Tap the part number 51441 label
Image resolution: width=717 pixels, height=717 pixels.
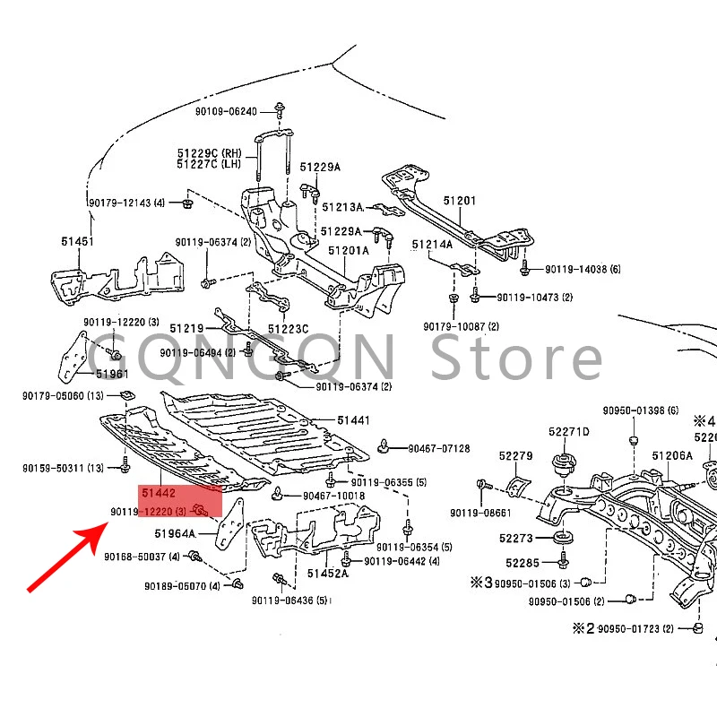pos(353,419)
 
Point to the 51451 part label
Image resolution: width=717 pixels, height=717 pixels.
pos(77,242)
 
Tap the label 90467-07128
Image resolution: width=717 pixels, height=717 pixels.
pos(438,448)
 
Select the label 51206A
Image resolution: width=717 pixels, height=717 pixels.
pos(672,455)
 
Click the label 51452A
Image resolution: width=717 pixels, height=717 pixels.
pos(326,574)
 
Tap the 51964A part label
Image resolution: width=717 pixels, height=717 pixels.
pos(175,534)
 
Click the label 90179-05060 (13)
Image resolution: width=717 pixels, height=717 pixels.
pos(63,395)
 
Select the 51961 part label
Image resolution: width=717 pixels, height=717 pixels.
pos(112,374)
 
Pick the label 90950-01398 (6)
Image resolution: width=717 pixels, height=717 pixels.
pos(640,410)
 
